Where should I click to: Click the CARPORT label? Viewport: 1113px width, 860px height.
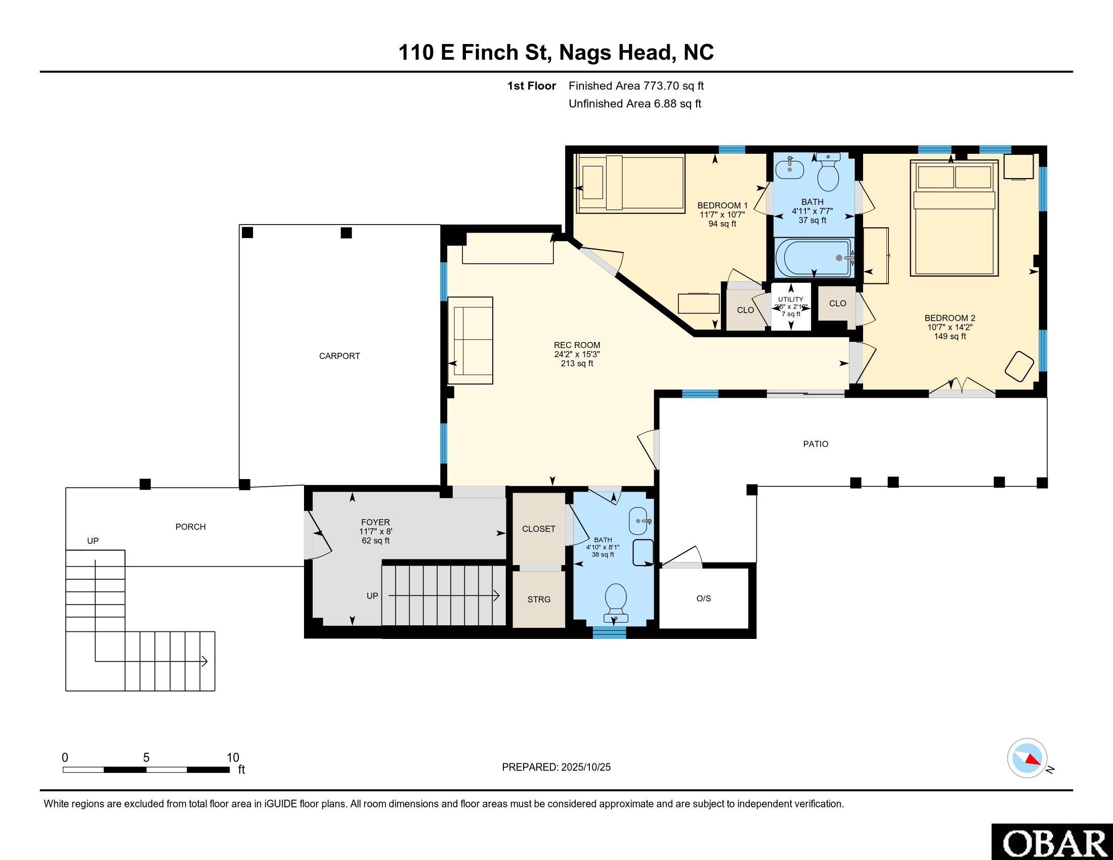pos(339,356)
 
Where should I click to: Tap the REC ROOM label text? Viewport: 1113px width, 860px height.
pos(577,345)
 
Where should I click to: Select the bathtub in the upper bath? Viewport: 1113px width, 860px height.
pos(814,258)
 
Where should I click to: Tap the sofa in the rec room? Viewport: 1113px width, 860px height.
pos(470,340)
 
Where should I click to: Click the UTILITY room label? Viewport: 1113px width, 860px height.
pos(790,299)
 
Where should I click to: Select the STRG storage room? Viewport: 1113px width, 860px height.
pos(539,599)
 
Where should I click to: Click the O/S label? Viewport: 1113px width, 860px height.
pos(703,598)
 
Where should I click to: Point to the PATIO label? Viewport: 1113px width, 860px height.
pos(816,444)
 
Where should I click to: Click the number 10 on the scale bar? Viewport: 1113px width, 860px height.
pos(232,758)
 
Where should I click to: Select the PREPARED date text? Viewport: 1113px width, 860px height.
pos(556,767)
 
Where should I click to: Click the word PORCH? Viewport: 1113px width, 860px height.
pos(191,527)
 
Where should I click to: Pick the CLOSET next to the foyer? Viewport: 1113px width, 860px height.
pos(539,529)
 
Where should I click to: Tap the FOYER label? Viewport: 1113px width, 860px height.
pos(375,522)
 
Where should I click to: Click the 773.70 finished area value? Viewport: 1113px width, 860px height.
pos(662,85)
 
